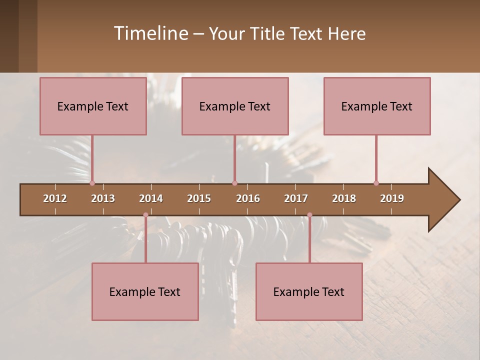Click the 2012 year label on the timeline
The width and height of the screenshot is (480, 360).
[x=55, y=198]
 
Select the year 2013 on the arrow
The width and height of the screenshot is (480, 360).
[x=103, y=198]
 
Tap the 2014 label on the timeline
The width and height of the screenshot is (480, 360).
[x=151, y=198]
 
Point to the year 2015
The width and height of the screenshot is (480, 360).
[x=199, y=198]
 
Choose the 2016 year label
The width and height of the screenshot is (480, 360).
[x=248, y=198]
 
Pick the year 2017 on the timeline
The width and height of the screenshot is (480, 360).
[x=296, y=198]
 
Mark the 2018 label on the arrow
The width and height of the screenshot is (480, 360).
[x=344, y=198]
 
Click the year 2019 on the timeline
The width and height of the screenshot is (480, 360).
[x=392, y=198]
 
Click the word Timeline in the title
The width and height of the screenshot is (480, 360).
[x=150, y=33]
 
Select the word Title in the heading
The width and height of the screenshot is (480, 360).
[x=267, y=33]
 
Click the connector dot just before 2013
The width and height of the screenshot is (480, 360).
[x=92, y=183]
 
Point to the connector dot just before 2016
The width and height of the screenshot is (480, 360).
[x=234, y=183]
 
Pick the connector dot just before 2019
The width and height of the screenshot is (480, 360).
[x=376, y=183]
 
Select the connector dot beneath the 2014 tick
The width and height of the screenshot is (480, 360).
[x=145, y=215]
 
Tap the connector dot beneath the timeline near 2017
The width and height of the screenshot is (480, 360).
[x=309, y=215]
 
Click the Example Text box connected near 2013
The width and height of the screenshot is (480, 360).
[x=93, y=106]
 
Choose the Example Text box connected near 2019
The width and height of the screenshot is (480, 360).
[x=377, y=106]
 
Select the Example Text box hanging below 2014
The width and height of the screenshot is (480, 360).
[x=145, y=291]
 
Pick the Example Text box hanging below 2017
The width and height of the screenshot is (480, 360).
[x=309, y=291]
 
